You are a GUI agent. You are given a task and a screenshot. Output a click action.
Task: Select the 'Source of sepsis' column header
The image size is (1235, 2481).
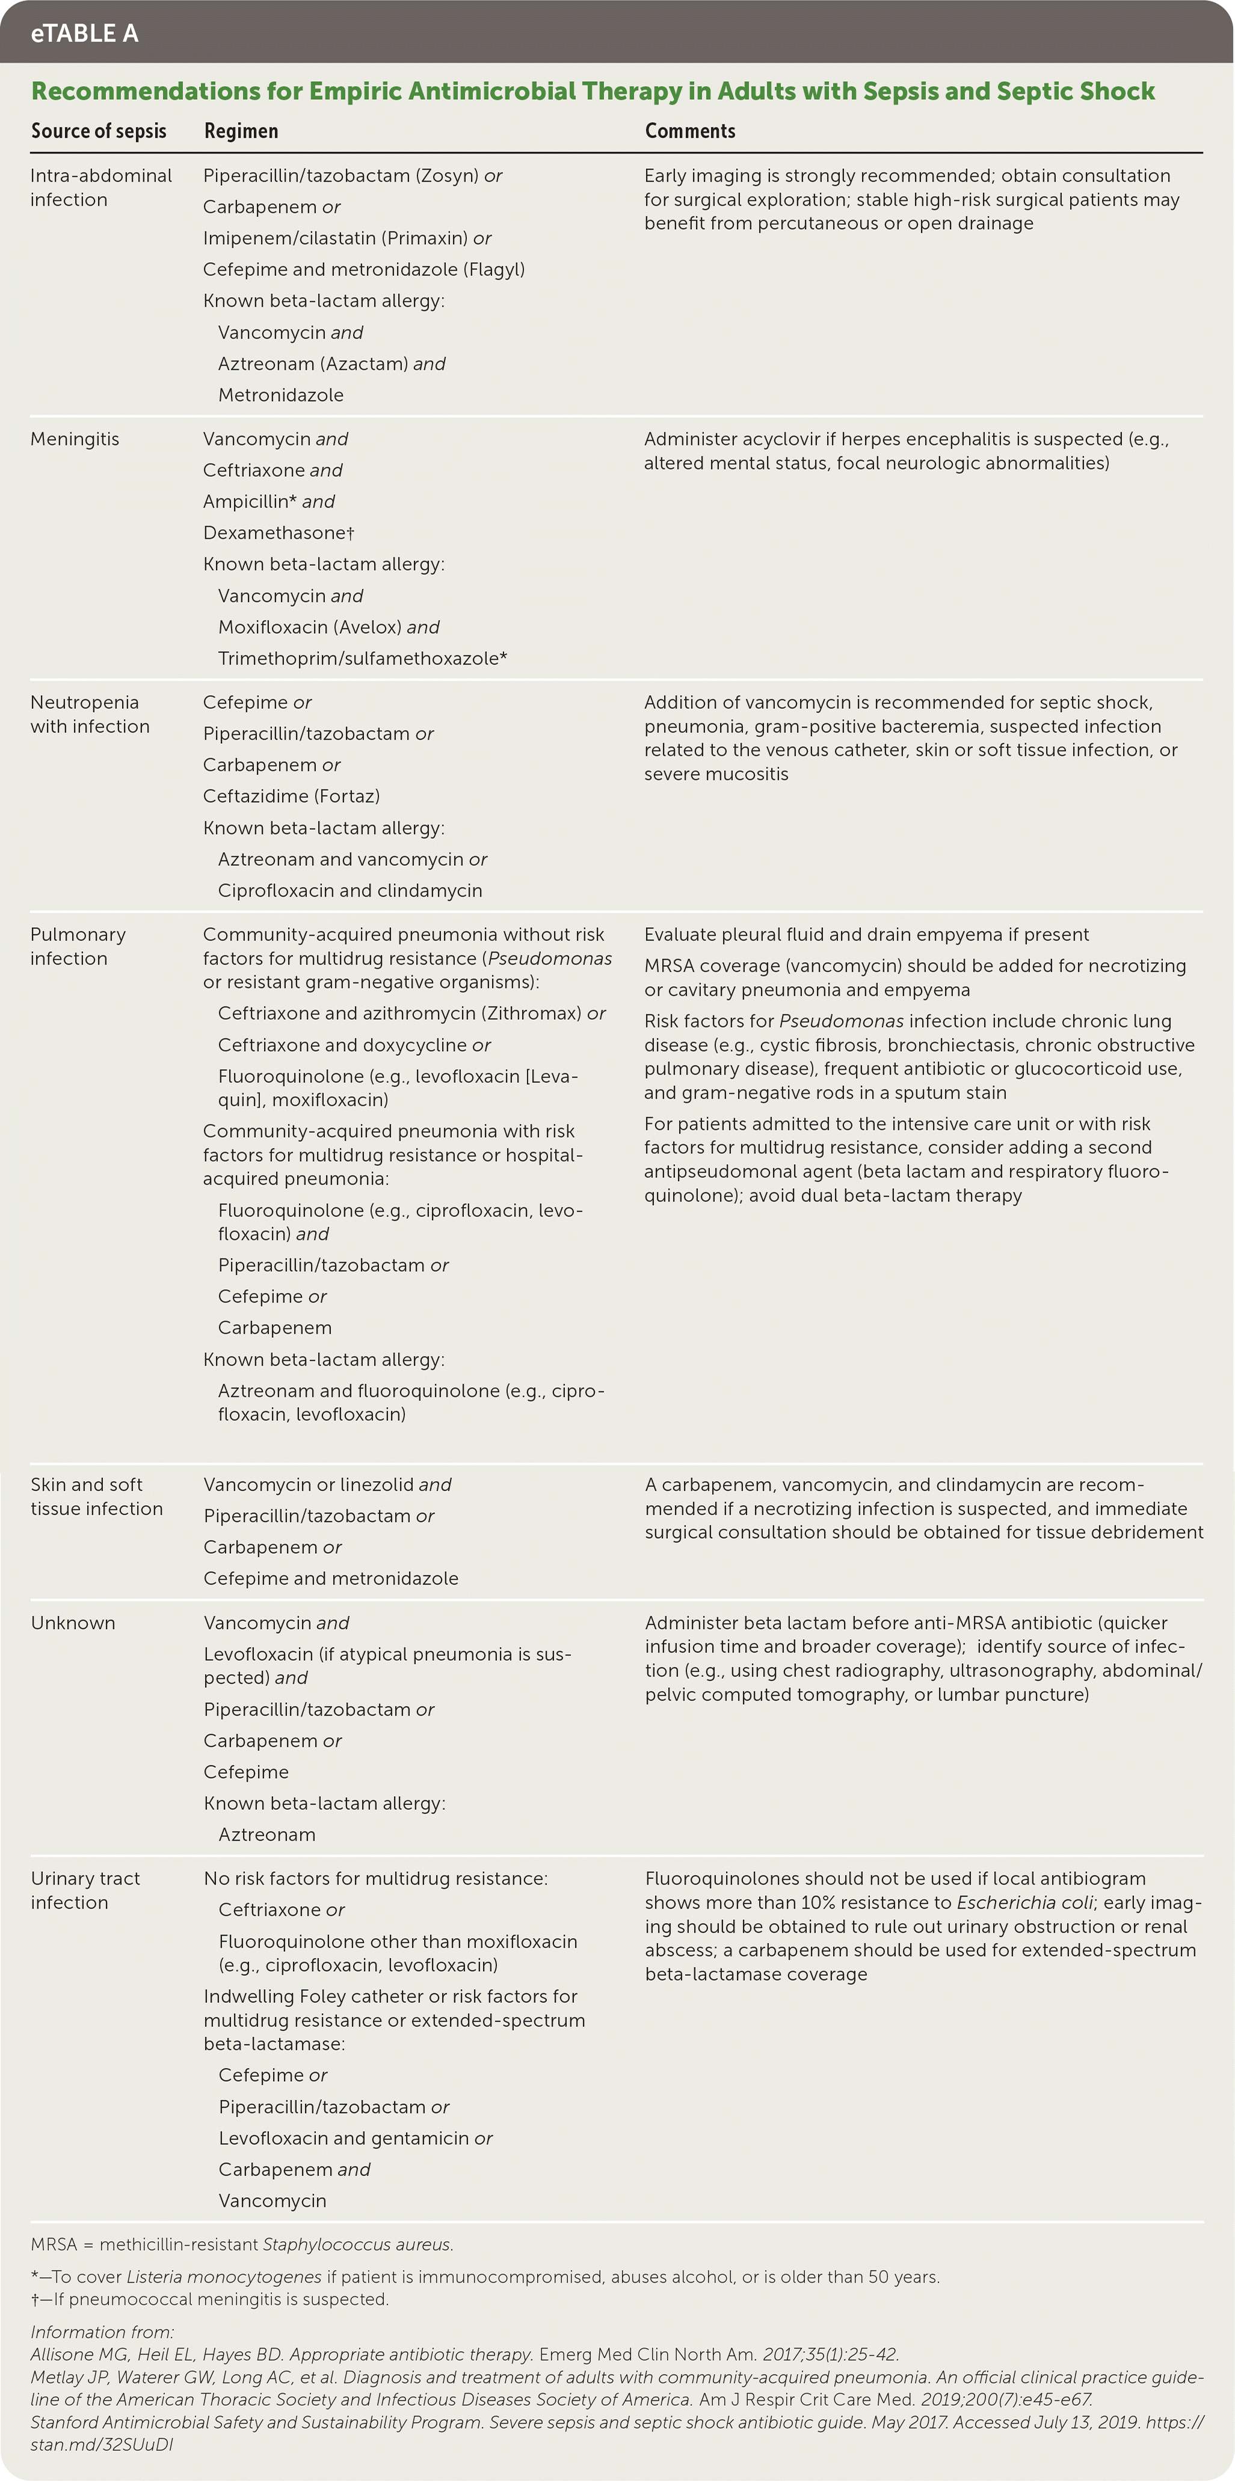98,131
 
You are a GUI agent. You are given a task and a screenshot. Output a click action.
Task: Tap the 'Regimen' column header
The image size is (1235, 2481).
241,131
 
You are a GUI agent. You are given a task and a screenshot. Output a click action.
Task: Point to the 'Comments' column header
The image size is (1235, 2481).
690,131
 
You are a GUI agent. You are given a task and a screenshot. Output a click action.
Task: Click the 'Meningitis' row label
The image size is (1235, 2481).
75,439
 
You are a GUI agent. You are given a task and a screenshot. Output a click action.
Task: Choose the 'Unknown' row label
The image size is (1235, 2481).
73,1623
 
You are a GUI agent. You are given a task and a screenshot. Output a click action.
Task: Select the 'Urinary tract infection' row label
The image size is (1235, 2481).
85,1891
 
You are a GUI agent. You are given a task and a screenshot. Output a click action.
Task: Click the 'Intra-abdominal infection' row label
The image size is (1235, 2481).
100,188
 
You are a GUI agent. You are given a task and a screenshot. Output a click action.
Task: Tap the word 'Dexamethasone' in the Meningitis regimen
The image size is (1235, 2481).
274,533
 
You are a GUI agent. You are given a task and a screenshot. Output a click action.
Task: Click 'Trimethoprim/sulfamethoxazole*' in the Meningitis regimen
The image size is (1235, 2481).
362,659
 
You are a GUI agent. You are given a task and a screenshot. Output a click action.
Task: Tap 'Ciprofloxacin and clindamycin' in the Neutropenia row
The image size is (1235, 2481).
350,891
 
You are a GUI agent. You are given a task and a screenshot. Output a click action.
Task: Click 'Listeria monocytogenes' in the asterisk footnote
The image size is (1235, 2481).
224,2277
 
